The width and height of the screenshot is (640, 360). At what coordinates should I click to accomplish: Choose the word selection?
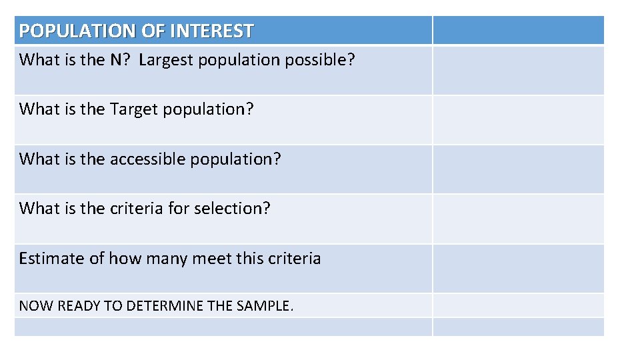(233, 208)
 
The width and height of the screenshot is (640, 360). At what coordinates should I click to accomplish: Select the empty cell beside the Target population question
(518, 120)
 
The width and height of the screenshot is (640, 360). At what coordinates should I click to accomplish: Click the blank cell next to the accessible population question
(518, 169)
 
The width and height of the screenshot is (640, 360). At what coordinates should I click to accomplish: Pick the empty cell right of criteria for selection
(518, 219)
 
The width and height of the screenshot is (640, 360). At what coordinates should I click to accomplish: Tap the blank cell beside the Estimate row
(518, 268)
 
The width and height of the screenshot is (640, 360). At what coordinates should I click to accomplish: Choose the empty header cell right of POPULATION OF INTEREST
(518, 31)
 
